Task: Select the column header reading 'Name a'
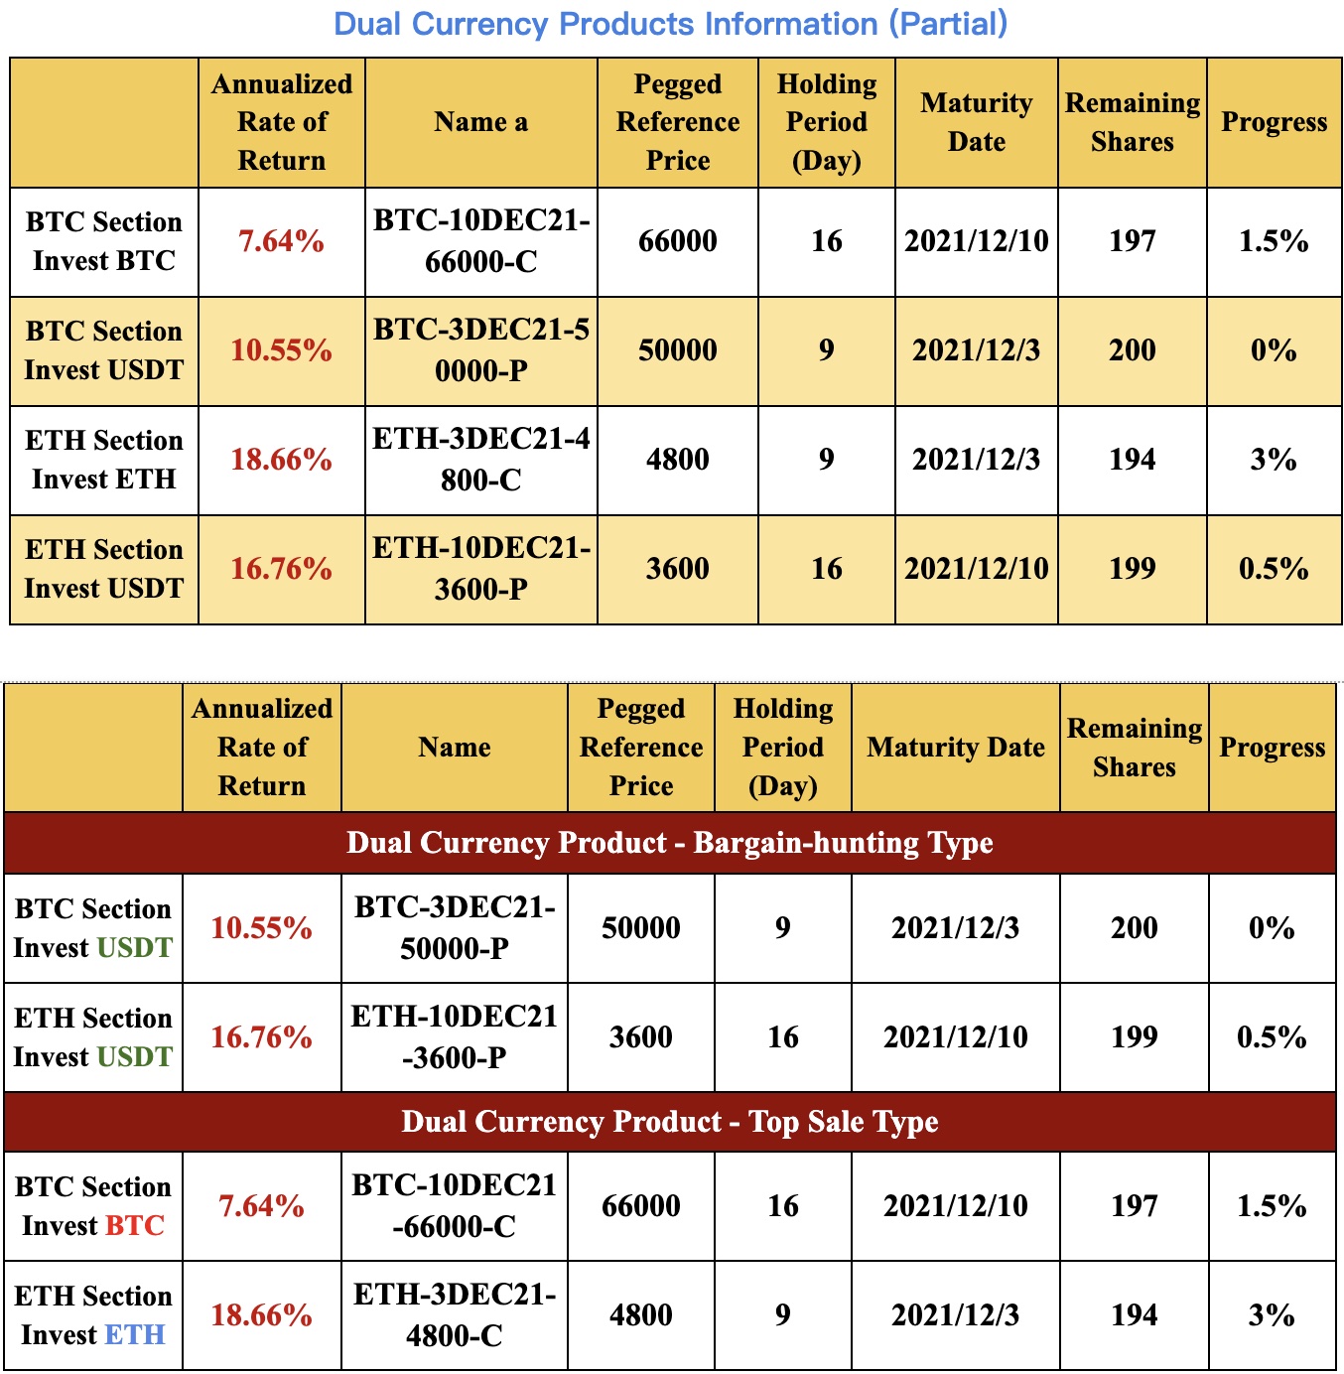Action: tap(480, 122)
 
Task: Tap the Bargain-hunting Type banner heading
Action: tap(670, 843)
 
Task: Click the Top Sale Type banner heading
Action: tap(670, 1122)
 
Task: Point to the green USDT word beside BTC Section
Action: tap(135, 948)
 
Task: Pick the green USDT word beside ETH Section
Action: tap(135, 1057)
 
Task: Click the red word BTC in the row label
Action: tap(135, 1226)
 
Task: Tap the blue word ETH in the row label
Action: tap(135, 1335)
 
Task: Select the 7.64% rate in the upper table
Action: tap(281, 241)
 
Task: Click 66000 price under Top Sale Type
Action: tap(641, 1206)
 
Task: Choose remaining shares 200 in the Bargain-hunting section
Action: tap(1134, 928)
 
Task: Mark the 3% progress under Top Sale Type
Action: tap(1272, 1315)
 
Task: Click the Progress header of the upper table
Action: tap(1274, 122)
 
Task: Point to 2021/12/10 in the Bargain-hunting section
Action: tap(955, 1037)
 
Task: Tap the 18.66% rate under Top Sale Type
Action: tap(261, 1315)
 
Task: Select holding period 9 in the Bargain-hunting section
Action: tap(782, 928)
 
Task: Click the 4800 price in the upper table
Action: tap(677, 460)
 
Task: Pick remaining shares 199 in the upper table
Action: tap(1132, 569)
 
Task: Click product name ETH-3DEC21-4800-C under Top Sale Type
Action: tap(454, 1315)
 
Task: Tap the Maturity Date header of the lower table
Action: tap(955, 748)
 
